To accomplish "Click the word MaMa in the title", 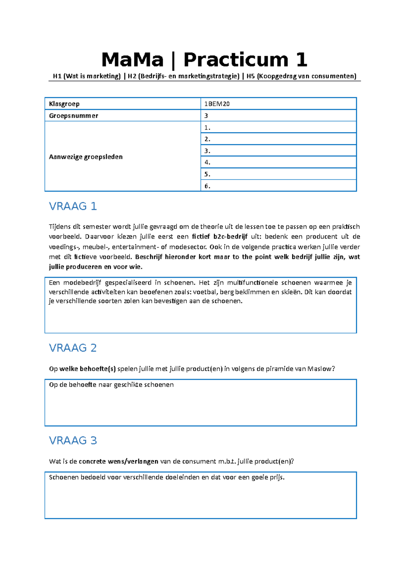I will tap(132, 60).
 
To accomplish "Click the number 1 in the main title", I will tap(302, 60).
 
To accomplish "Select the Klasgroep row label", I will tap(64, 104).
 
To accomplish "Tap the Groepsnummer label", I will tap(73, 116).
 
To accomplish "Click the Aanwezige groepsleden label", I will tap(86, 157).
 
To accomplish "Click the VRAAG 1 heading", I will tap(73, 206).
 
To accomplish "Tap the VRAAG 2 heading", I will tap(73, 348).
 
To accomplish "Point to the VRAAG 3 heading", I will tap(73, 441).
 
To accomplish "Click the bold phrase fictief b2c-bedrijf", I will tap(219, 237).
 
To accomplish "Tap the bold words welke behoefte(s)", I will tap(87, 369).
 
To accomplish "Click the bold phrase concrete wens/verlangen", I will tap(118, 461).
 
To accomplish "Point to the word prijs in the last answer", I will tap(277, 477).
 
